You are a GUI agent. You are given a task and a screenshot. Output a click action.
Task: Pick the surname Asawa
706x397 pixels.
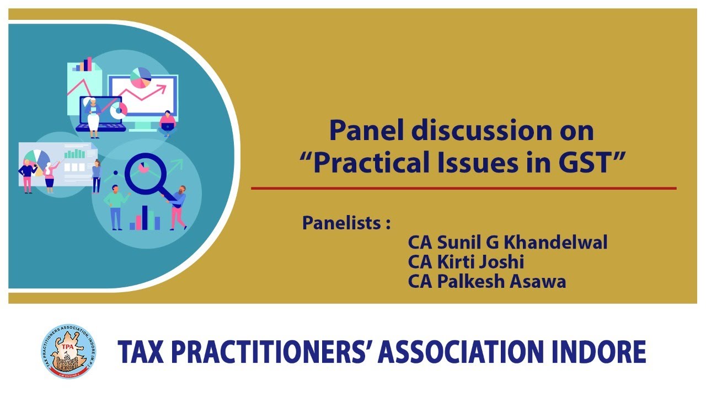point(540,281)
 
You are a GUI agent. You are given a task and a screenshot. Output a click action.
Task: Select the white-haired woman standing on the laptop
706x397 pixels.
point(92,116)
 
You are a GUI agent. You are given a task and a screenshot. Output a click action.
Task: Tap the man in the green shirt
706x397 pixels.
point(115,205)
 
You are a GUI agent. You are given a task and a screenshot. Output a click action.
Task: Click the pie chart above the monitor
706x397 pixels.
point(141,77)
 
